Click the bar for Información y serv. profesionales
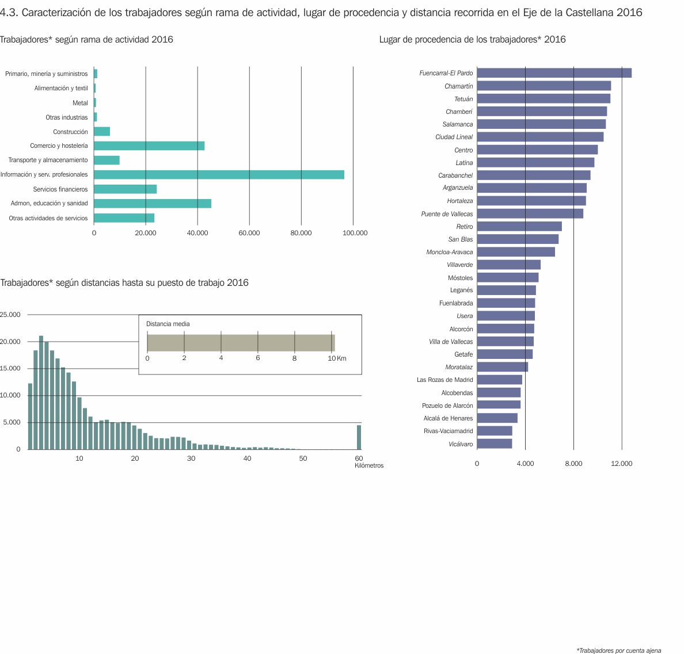coord(219,175)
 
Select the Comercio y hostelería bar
coord(149,146)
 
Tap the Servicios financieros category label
coord(60,189)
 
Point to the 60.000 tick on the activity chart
coord(249,233)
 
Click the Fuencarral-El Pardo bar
coord(554,73)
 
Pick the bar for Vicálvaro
coord(494,444)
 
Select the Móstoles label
coord(460,278)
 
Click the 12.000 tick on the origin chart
coord(621,464)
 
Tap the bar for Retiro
coord(519,227)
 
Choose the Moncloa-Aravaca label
coord(449,252)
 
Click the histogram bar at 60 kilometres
coord(359,437)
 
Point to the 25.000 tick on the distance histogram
coord(10,315)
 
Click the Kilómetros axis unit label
coord(369,465)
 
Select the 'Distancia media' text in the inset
coord(168,324)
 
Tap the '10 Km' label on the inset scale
coord(337,358)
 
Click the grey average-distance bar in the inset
coord(241,343)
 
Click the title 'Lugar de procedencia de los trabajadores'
coord(472,40)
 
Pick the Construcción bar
coord(102,132)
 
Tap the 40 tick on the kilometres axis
coord(247,458)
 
